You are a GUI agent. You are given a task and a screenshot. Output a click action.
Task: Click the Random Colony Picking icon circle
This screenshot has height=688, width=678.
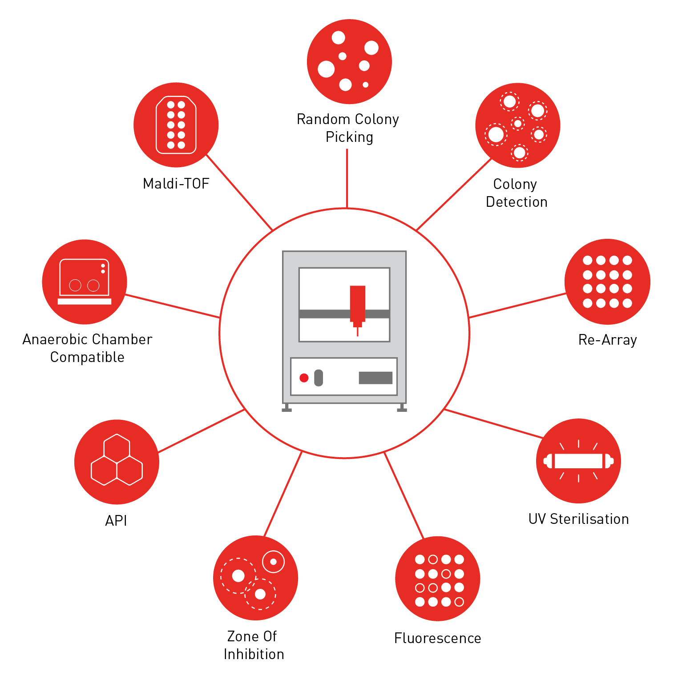[x=349, y=61]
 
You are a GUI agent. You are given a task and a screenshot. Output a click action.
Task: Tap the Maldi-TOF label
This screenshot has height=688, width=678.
[x=176, y=184]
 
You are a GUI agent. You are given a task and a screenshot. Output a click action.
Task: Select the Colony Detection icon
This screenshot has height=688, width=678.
[x=517, y=125]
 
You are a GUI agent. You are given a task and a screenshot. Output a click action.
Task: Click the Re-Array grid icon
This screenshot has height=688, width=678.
[x=607, y=282]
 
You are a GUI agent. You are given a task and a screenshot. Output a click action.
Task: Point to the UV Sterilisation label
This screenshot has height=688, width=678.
[x=578, y=519]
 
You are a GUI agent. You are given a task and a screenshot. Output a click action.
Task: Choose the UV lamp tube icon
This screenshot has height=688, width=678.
[x=578, y=461]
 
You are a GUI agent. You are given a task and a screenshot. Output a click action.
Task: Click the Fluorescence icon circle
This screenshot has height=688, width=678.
[x=437, y=579]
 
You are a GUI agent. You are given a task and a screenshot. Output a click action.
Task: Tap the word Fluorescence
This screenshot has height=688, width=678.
[x=437, y=638]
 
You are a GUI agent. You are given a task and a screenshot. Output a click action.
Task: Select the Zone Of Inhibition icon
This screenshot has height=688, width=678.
[x=255, y=578]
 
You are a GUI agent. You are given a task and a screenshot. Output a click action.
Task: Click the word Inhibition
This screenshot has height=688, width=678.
[x=254, y=654]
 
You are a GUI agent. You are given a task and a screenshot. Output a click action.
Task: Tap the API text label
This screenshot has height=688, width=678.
[x=116, y=520]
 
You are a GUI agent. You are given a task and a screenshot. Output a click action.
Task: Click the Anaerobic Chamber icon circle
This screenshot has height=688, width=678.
[x=85, y=282]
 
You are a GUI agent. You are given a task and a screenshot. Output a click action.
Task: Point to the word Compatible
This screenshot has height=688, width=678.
[x=87, y=357]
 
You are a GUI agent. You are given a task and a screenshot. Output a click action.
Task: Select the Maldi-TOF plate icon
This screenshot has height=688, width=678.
[x=176, y=125]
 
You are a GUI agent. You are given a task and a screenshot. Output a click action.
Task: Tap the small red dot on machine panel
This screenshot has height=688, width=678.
[x=304, y=378]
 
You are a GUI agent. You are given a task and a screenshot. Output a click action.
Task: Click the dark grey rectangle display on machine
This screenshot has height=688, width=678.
[x=375, y=378]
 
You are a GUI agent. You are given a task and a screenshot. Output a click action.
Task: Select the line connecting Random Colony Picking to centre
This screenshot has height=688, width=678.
[x=347, y=178]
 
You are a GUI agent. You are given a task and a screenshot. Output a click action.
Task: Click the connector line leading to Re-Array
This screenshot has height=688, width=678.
[x=517, y=306]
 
